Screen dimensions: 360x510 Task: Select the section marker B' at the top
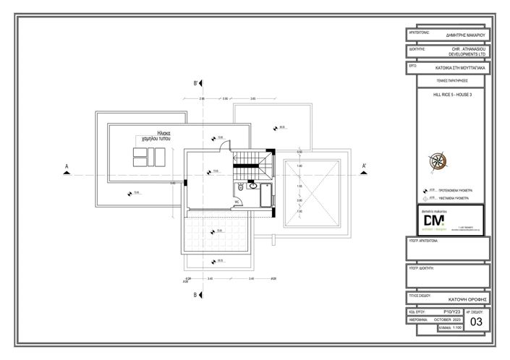pos(196,84)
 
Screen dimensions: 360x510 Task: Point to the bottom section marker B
pos(196,295)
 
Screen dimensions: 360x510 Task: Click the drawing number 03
pos(476,322)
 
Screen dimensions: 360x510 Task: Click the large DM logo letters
pos(435,220)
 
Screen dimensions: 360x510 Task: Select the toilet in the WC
pos(240,189)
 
